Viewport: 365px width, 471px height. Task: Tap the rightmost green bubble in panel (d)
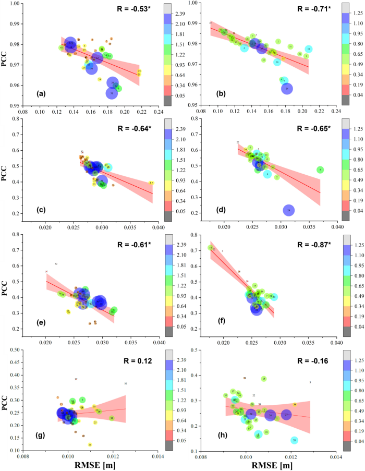click(320, 170)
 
